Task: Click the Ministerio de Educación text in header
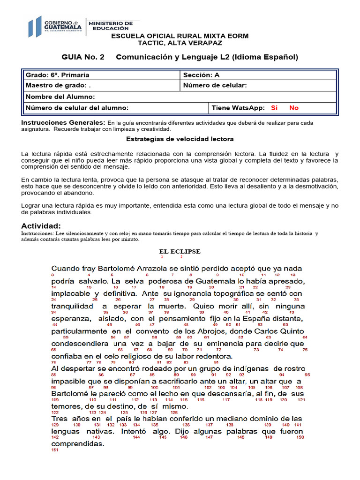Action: [x=111, y=26]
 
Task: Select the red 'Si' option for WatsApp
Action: [x=274, y=108]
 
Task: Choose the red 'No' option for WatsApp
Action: [x=294, y=108]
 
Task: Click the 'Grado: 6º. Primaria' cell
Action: [x=58, y=75]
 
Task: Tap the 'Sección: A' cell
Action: [x=201, y=75]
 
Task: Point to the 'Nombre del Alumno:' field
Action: [x=60, y=97]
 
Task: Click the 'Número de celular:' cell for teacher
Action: [x=215, y=85]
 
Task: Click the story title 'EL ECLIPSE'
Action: [x=180, y=252]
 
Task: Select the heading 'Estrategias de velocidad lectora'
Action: [x=180, y=139]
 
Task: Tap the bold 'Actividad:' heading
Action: [x=41, y=226]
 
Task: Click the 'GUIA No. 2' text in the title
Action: [x=83, y=57]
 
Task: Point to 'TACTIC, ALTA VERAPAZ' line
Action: [x=180, y=43]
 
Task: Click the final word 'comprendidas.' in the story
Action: [x=77, y=443]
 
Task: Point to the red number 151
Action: [x=55, y=450]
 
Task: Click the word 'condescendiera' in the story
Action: [x=79, y=344]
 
